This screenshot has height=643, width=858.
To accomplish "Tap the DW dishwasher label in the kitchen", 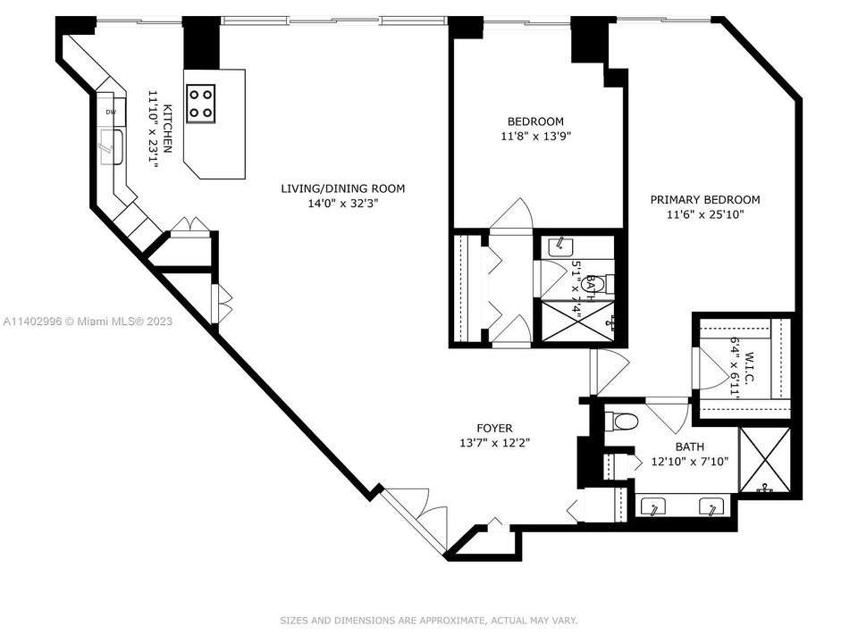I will click(111, 112).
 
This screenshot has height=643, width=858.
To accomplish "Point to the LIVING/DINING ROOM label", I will click(342, 188).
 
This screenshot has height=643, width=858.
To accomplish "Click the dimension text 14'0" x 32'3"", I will click(342, 203).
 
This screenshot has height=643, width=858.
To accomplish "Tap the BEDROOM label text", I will click(535, 121).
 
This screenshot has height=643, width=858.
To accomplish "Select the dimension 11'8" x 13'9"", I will click(535, 136).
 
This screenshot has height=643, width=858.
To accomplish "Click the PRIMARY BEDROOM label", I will click(704, 200).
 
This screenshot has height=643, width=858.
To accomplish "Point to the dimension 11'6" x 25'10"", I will click(704, 214).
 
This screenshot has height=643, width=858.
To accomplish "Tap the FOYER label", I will click(494, 429).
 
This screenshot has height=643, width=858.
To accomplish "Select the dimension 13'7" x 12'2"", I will click(494, 443).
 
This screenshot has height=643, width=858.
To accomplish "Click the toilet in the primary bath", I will click(626, 422).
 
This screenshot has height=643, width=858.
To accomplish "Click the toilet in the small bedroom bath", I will click(601, 284).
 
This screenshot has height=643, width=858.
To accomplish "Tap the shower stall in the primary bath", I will click(765, 460).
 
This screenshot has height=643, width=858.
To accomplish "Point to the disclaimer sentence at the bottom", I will click(429, 620).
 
